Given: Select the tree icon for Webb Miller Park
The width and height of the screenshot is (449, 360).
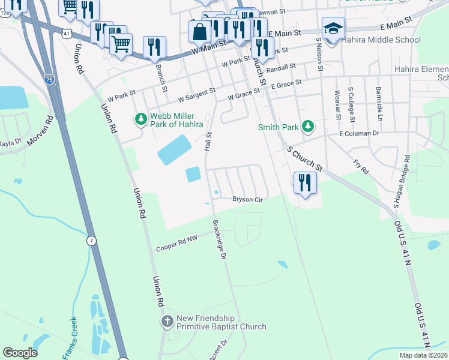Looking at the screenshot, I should (141, 119).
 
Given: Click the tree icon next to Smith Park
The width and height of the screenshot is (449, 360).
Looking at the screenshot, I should (307, 127).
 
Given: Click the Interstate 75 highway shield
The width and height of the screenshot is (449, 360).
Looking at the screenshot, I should (49, 78).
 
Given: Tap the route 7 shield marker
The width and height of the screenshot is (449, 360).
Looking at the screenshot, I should (91, 240).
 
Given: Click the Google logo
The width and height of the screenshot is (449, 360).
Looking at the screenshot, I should (20, 353).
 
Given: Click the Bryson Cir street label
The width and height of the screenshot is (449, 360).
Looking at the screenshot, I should (248, 199).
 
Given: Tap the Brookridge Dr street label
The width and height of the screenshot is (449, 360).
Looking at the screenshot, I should (218, 240).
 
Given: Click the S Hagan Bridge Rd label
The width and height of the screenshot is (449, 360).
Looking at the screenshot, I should (401, 182).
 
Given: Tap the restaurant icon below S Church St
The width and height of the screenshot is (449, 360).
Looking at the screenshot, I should (305, 183).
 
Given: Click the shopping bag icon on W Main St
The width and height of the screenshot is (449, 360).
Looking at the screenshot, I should (199, 31).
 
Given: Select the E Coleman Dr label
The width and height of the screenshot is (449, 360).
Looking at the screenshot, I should (359, 133).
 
